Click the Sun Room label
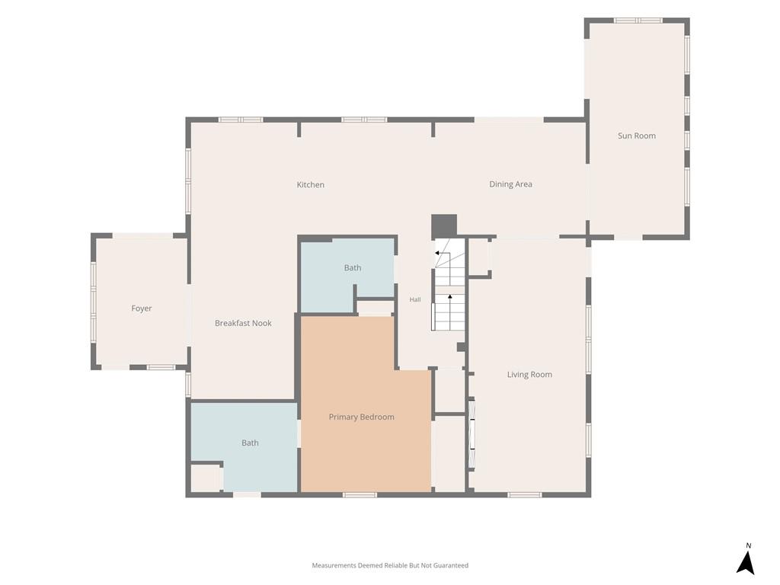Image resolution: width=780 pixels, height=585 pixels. click(x=636, y=136)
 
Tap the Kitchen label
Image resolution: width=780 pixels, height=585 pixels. click(x=311, y=184)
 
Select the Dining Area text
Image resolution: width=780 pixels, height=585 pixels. click(x=510, y=184)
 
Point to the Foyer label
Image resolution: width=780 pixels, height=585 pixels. click(x=141, y=308)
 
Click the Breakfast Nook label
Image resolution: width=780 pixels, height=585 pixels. click(x=243, y=323)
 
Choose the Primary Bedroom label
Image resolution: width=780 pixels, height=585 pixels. click(x=361, y=417)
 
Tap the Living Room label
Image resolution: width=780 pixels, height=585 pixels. click(x=529, y=375)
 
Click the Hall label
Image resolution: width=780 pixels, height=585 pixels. click(x=415, y=299)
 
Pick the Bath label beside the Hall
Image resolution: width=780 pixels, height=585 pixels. click(x=352, y=267)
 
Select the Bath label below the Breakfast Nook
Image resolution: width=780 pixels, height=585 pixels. click(x=250, y=443)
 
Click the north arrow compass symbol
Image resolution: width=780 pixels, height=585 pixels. click(x=745, y=563)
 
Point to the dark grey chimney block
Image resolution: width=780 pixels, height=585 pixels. click(x=444, y=226)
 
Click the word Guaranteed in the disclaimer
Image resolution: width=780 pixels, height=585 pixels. click(x=451, y=565)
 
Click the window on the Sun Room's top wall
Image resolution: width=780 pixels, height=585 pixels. click(x=638, y=21)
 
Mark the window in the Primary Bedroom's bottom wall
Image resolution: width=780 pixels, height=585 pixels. click(x=360, y=494)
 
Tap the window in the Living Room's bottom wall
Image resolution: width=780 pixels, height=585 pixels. click(x=524, y=494)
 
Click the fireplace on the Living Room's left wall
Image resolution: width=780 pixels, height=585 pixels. click(x=472, y=433)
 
